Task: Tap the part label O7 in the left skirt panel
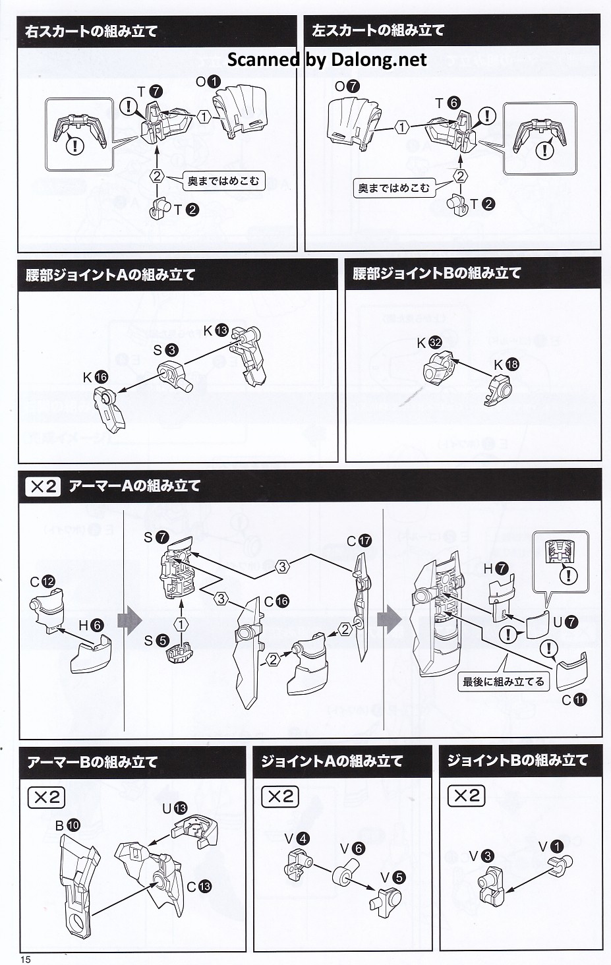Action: pos(347,86)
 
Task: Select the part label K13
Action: pos(216,330)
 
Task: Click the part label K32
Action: pos(430,343)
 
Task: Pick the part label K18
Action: pos(506,365)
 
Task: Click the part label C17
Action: pos(359,541)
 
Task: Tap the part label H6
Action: pos(92,625)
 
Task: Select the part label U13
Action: pos(175,808)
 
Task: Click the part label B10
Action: pos(68,825)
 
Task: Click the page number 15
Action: pos(26,960)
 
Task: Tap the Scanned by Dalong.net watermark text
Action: pos(327,59)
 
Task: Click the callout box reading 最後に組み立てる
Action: pos(504,682)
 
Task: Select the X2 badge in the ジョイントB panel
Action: pos(466,795)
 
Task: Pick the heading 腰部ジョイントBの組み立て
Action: pos(437,273)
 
